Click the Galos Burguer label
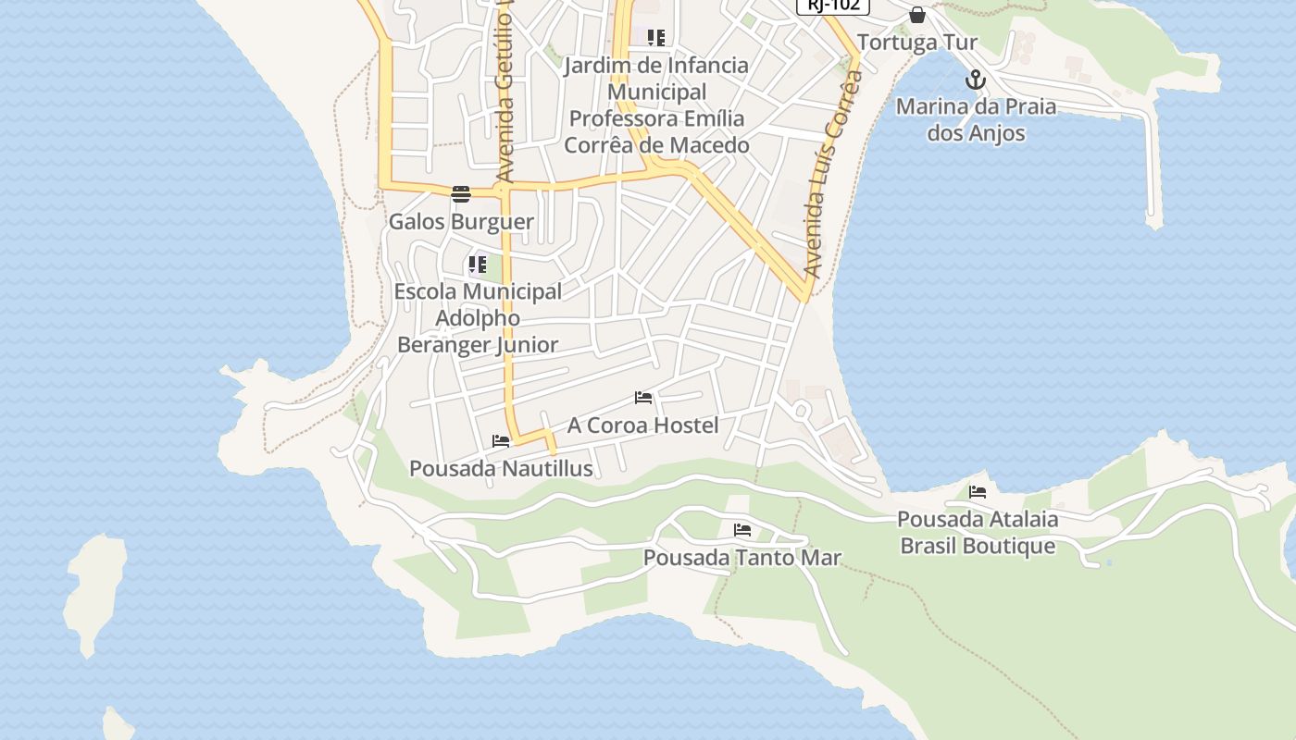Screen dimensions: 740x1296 pos(461,222)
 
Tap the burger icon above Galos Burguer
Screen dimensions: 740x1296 pos(461,193)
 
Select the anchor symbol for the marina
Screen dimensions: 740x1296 pos(976,80)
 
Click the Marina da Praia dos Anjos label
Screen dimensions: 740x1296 pos(976,119)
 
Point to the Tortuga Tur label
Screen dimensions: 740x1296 pos(916,43)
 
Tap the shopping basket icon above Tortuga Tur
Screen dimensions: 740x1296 pos(916,15)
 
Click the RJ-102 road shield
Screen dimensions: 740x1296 pos(833,5)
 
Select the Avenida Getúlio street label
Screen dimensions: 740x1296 pos(505,92)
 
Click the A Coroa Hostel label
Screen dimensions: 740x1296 pos(642,425)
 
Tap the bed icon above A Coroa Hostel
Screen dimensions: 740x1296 pos(643,398)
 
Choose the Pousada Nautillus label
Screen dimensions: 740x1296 pos(501,469)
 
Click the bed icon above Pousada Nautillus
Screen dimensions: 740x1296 pos(501,441)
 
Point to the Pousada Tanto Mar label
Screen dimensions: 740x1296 pos(741,558)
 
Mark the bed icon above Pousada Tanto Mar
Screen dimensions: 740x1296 pos(741,530)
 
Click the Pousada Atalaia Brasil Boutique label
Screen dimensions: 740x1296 pos(978,532)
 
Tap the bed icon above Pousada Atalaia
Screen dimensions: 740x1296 pos(978,492)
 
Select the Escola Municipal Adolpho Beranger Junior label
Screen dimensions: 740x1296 pos(478,318)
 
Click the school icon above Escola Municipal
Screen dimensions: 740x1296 pos(478,265)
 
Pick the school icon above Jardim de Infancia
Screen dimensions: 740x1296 pos(656,38)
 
